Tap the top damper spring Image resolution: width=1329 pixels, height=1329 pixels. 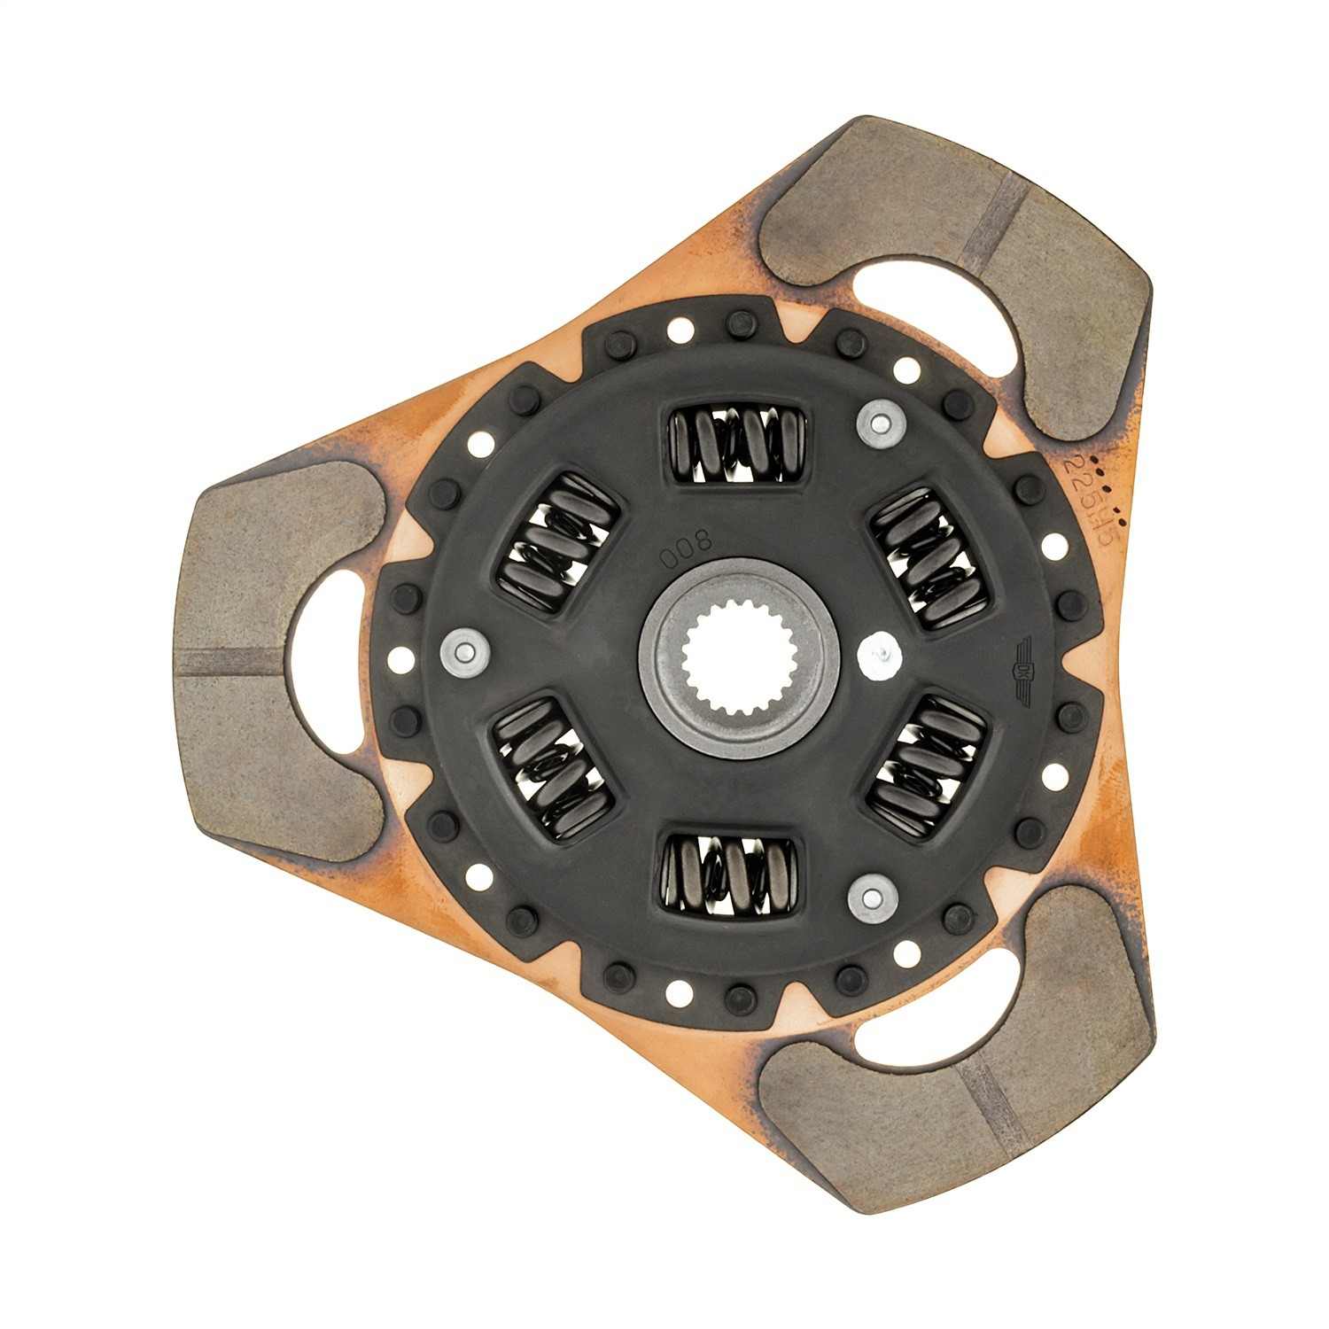tap(738, 446)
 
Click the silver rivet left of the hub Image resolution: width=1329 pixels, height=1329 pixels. tap(465, 653)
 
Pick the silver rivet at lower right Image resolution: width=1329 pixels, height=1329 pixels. tap(872, 898)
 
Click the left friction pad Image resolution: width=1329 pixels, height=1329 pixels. tap(266, 660)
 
